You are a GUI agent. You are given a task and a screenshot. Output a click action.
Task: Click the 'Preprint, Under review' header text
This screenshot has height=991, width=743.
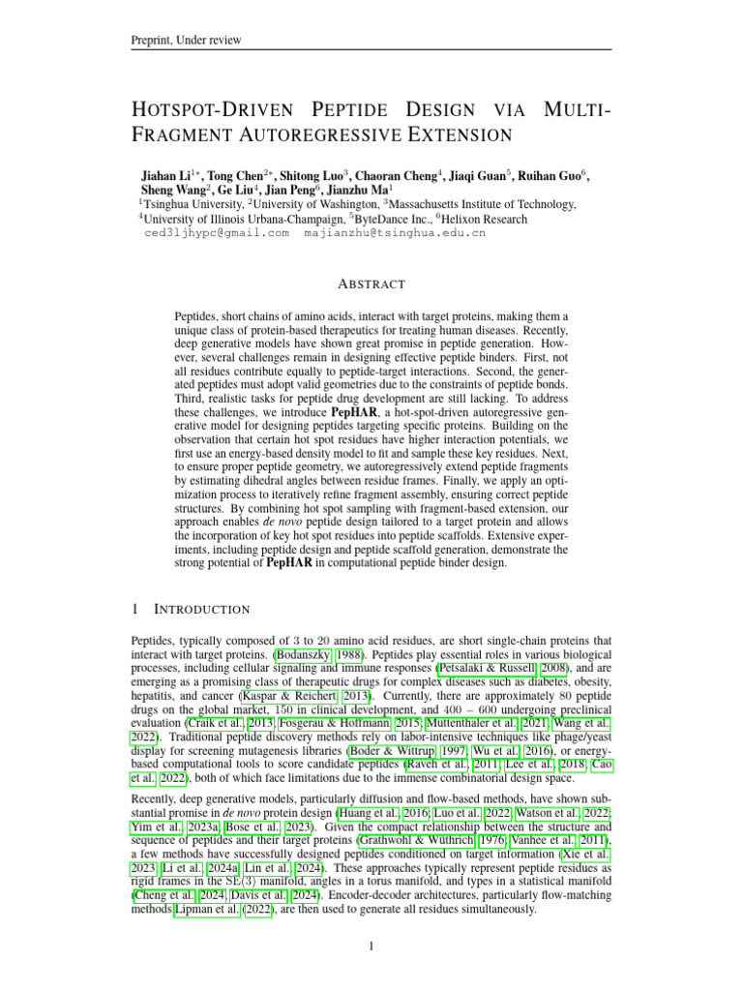pos(186,40)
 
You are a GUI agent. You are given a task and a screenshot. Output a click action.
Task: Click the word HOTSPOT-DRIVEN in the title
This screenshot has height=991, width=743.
pos(229,109)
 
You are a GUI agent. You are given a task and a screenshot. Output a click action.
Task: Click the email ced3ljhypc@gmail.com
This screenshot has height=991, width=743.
pos(217,233)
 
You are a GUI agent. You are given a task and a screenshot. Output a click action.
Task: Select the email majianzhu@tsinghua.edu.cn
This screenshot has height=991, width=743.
pos(395,233)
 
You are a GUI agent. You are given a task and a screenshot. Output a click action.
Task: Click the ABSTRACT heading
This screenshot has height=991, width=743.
pos(371,285)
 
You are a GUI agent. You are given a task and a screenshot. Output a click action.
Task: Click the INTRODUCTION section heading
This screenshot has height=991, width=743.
pos(202,609)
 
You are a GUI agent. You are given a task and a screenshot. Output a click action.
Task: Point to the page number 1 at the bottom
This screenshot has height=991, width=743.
pos(371,946)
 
